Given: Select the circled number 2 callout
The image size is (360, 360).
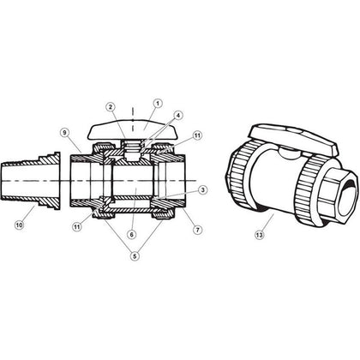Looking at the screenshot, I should [110, 106].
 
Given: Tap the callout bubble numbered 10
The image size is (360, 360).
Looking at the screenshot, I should [19, 225].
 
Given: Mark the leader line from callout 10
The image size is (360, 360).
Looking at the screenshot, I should [27, 214].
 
